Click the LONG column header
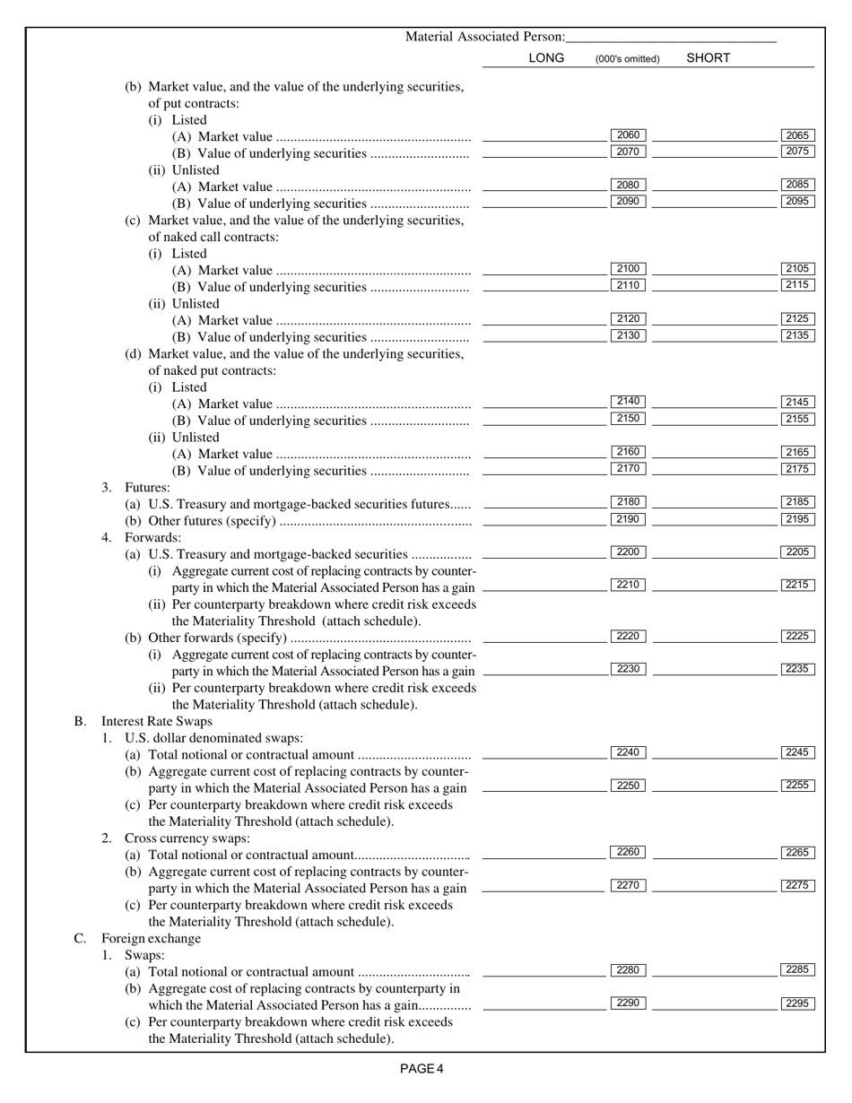coord(546,58)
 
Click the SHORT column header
coord(708,58)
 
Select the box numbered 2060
coord(628,135)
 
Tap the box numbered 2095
coord(797,202)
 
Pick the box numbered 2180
coord(628,502)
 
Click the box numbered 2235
coord(797,669)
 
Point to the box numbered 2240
coord(628,752)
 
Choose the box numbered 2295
coord(797,1003)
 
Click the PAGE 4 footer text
coord(422,1068)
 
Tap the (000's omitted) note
coord(627,59)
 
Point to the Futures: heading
coord(147,487)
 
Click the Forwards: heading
coord(152,537)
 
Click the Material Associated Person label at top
coord(485,37)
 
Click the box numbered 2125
coord(797,319)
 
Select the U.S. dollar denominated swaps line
coord(202,738)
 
